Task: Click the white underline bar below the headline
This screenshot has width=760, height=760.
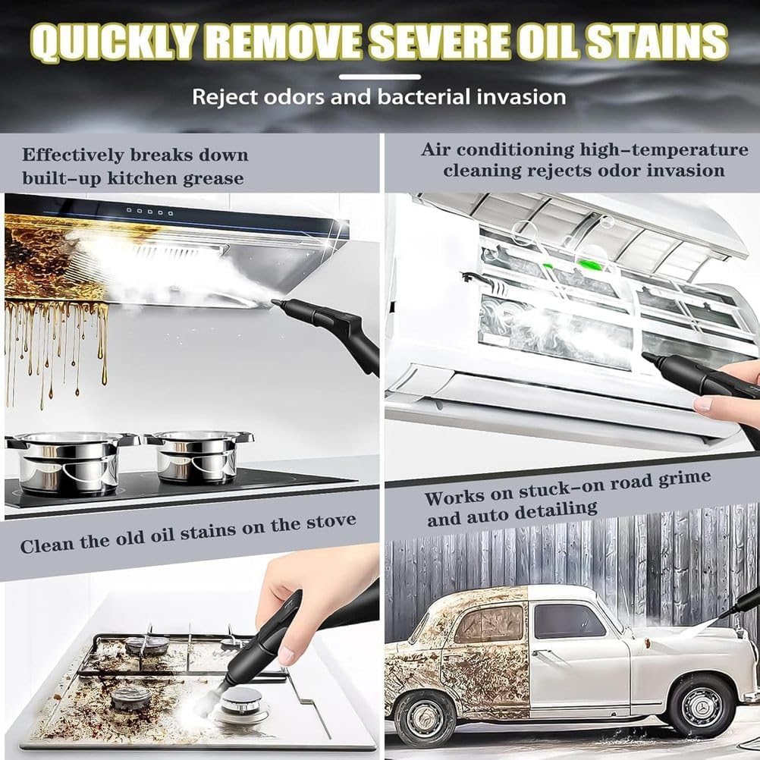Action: point(379,77)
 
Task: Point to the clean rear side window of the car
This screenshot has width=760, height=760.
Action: point(569,620)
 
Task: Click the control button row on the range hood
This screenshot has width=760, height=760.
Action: point(143,210)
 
